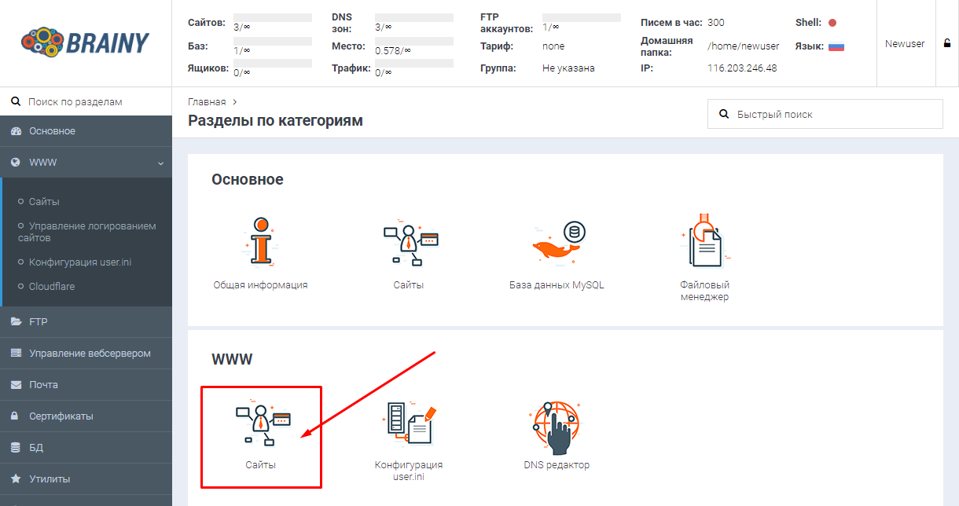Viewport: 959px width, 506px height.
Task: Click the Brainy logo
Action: [x=85, y=42]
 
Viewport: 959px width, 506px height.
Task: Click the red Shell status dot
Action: [x=832, y=23]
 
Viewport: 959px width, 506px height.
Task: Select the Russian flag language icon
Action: [x=836, y=46]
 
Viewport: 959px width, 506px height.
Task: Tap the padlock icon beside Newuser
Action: [x=947, y=43]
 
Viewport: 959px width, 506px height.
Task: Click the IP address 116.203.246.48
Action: [x=742, y=68]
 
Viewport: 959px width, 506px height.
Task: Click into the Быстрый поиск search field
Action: [x=825, y=114]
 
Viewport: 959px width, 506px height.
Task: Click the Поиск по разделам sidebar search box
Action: [x=86, y=102]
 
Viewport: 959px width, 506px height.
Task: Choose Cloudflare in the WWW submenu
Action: [x=51, y=286]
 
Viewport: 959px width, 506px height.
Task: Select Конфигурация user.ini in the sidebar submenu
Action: [x=79, y=262]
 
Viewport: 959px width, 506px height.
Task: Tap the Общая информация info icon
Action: [x=261, y=242]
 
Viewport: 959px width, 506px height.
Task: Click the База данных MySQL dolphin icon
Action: [x=557, y=243]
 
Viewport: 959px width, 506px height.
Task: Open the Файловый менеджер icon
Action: [x=704, y=240]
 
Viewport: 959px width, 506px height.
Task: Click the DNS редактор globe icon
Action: [x=556, y=427]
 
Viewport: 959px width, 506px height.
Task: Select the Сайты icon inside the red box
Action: [x=263, y=423]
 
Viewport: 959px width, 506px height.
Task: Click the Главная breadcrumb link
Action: [x=207, y=102]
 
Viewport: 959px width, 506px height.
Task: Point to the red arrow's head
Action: [x=301, y=437]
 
